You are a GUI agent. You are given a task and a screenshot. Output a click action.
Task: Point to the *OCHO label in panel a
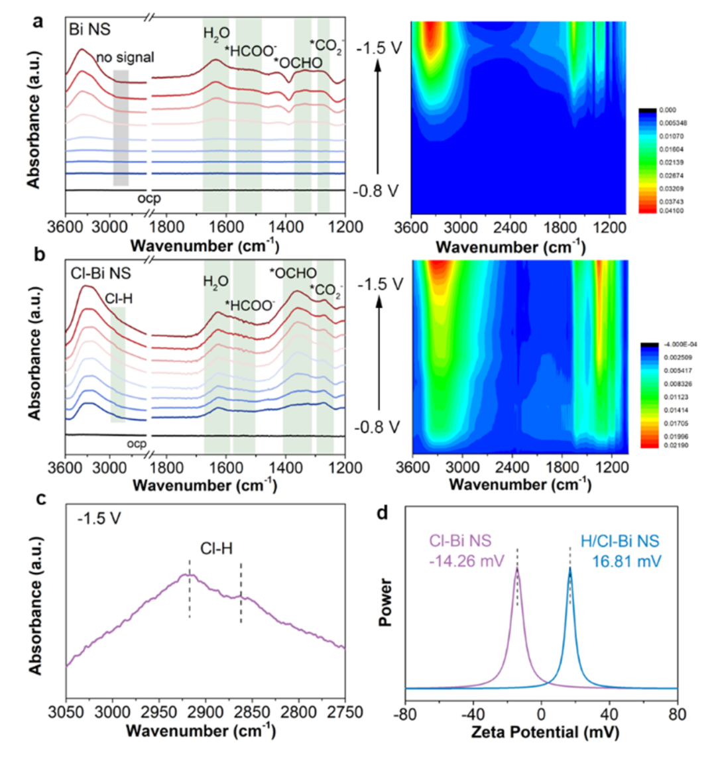[298, 63]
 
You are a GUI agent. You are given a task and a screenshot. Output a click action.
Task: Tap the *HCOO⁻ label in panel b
[250, 306]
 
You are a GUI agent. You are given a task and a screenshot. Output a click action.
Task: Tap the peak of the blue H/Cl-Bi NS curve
[569, 568]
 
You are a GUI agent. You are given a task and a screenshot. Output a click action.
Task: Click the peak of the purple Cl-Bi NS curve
[517, 568]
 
